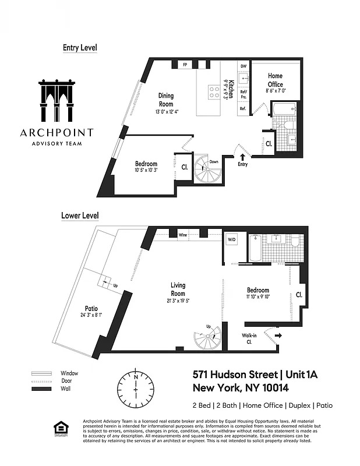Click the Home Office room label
[275, 79]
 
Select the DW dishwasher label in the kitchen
[243, 66]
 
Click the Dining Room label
[166, 100]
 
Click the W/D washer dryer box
[231, 239]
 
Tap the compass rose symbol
[135, 386]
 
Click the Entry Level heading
[80, 48]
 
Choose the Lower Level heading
[80, 216]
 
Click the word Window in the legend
[69, 373]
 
